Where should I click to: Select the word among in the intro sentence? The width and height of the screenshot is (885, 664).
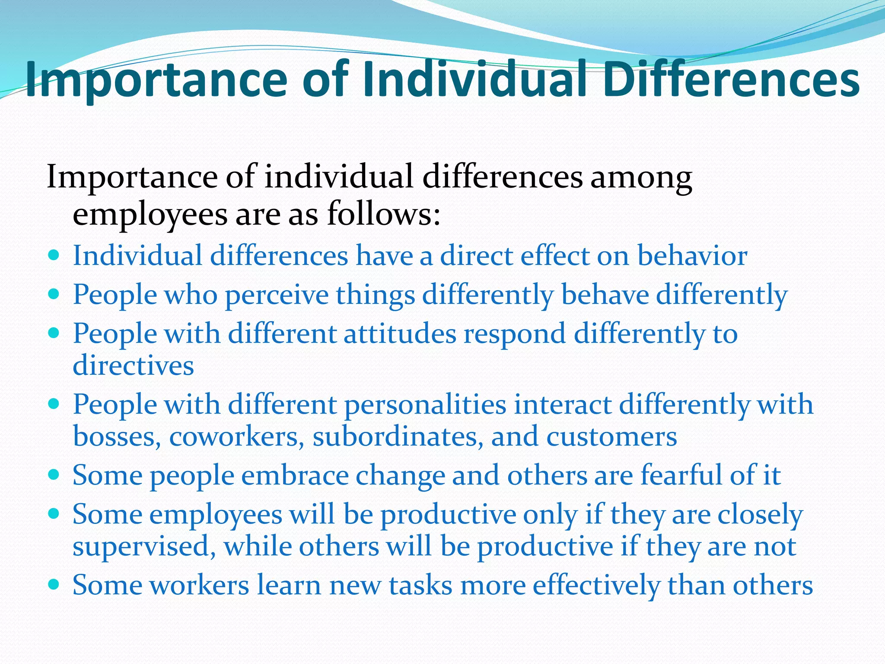pyautogui.click(x=641, y=177)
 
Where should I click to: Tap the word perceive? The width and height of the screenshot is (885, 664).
pyautogui.click(x=277, y=296)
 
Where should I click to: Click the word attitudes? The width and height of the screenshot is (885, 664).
pyautogui.click(x=400, y=334)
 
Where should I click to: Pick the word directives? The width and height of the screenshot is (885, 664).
pyautogui.click(x=133, y=366)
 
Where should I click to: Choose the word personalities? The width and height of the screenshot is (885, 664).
pyautogui.click(x=425, y=405)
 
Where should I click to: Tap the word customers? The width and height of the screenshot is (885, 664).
pyautogui.click(x=611, y=437)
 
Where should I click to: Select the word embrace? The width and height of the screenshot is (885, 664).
pyautogui.click(x=295, y=476)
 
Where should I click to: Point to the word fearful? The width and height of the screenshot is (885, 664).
pyautogui.click(x=681, y=476)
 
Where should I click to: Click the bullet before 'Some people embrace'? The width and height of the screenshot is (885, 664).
pyautogui.click(x=54, y=475)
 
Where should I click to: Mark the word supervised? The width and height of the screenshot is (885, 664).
pyautogui.click(x=144, y=547)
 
